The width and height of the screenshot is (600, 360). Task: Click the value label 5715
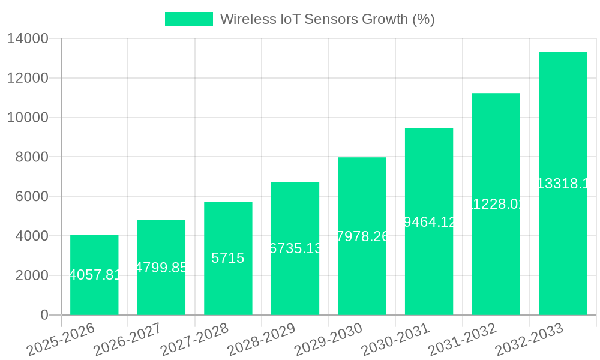point(228,258)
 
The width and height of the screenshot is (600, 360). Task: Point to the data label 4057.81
point(94,275)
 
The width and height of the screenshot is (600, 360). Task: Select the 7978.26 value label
point(362,236)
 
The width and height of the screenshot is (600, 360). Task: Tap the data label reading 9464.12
point(429,222)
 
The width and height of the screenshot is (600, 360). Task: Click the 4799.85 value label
point(161,268)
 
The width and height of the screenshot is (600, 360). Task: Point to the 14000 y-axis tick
point(28,39)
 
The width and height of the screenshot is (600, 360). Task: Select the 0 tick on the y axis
point(44,315)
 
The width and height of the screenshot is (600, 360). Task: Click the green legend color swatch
point(188,19)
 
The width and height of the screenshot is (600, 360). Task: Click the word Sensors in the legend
point(332,19)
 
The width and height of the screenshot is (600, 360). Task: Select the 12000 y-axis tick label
point(28,78)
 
